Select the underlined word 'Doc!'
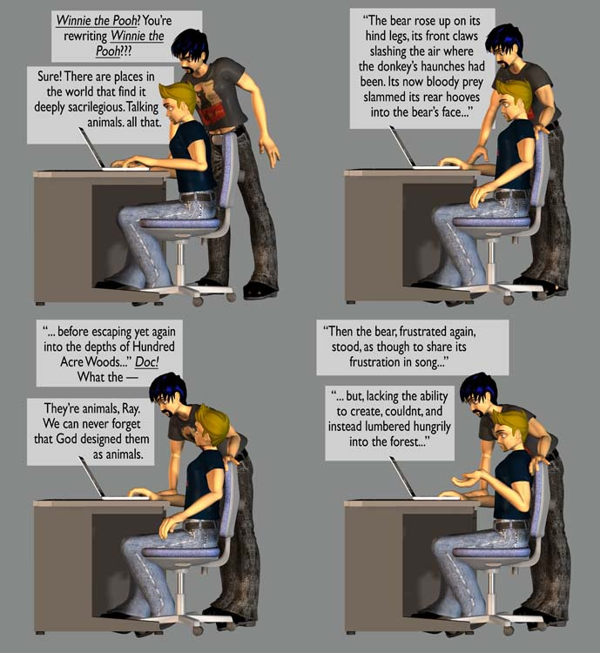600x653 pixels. pos(146,362)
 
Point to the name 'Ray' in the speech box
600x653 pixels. pos(129,408)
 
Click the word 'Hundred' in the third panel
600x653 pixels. pos(153,347)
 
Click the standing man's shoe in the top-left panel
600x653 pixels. pos(260,290)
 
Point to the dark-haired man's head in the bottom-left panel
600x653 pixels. pos(169,394)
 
